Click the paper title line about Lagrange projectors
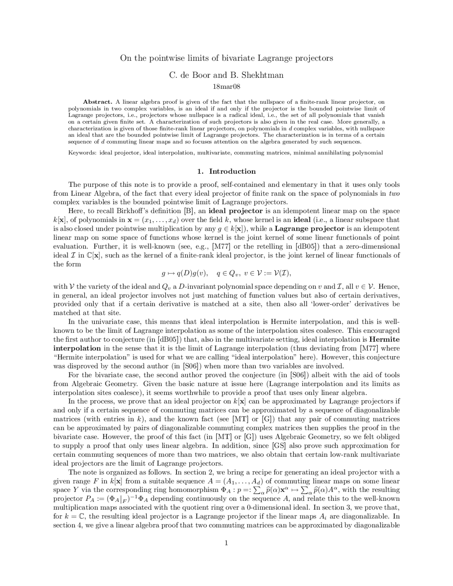(226, 58)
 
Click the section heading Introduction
(232, 171)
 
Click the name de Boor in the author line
(195, 75)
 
